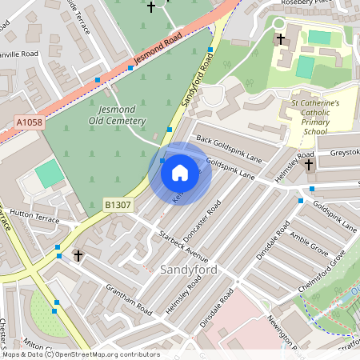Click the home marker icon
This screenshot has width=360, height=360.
pos(180,172)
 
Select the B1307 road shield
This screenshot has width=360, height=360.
pos(118,206)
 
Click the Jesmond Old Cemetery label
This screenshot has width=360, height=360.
pos(122,115)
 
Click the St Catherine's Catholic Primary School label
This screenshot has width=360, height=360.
pos(314,117)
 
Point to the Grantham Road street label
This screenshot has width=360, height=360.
pos(128,297)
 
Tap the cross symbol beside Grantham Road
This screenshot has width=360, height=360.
pos(78,256)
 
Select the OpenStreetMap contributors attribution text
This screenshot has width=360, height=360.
pos(106,354)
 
